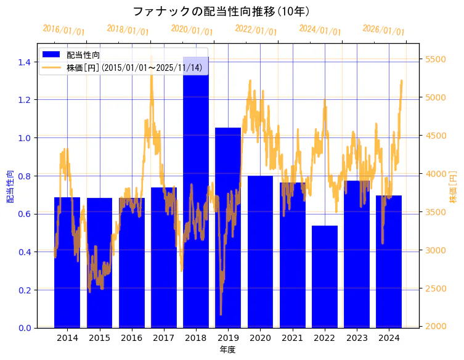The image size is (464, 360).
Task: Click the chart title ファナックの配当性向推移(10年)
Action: pos(221,11)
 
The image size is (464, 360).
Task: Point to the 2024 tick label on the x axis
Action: pos(389,338)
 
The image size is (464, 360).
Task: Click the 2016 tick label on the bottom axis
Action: pos(131,338)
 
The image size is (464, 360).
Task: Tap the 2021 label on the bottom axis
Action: pos(292,338)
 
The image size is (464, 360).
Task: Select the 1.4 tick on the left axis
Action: pos(25,62)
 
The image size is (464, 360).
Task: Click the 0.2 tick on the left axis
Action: pos(25,290)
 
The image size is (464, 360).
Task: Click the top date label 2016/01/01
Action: pos(63,30)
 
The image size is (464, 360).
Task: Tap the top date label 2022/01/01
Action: pos(256,30)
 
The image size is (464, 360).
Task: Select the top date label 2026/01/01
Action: pos(383,30)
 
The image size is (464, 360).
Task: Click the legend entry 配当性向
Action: pos(83,55)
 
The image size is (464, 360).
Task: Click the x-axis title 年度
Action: pos(227,350)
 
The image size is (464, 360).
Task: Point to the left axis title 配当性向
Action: pos(9,186)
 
